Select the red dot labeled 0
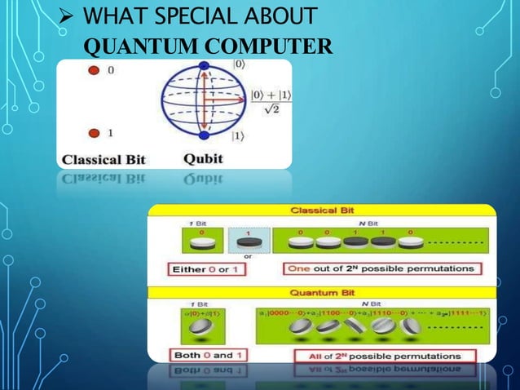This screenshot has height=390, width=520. (94, 71)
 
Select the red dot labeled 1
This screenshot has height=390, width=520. (94, 132)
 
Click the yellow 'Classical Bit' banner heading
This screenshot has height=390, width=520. (321, 211)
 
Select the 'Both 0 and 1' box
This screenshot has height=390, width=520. (199, 355)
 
